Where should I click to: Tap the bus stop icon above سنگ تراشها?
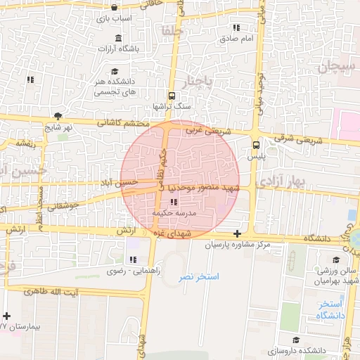[171, 96]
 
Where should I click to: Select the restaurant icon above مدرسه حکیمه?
[173, 202]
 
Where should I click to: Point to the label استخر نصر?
[198, 277]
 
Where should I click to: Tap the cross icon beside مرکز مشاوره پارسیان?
[238, 233]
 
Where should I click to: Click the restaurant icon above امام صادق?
[236, 28]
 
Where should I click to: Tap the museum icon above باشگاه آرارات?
[117, 38]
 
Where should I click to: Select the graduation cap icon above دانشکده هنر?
[115, 71]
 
